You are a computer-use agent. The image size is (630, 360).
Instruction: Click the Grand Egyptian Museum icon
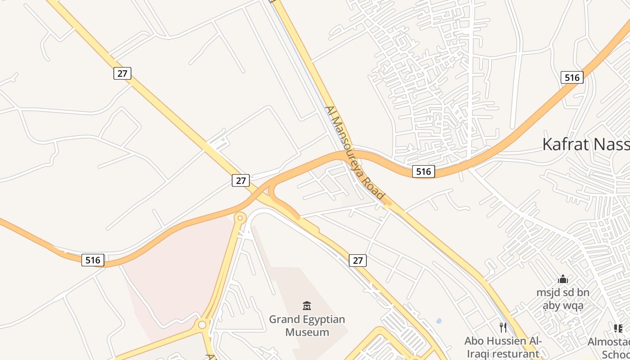307,306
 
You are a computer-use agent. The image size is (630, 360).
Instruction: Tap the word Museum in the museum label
307,333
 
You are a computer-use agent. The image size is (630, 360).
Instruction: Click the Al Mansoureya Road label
355,153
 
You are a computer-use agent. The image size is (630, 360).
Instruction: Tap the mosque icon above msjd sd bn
562,279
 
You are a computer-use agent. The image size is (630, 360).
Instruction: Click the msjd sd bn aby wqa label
562,299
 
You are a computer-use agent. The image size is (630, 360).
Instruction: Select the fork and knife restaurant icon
503,328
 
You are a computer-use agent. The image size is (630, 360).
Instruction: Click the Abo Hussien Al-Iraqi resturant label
503,347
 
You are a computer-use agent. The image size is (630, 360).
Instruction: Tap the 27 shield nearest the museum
357,260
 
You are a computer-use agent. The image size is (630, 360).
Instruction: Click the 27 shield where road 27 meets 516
241,180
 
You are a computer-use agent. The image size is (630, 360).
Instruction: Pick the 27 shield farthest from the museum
122,73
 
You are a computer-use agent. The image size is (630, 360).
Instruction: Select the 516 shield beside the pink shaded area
93,260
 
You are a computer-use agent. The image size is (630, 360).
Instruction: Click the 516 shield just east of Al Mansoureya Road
423,171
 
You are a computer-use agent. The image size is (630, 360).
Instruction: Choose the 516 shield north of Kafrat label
572,77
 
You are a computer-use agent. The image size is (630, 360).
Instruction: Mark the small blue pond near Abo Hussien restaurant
439,321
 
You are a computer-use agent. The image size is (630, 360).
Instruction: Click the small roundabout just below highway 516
240,218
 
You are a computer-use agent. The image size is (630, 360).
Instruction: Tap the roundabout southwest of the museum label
202,324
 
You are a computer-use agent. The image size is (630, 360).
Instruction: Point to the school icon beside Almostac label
618,328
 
